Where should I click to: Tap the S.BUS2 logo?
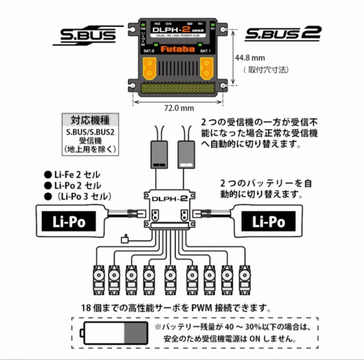tap(282, 34)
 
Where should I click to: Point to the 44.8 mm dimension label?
tap(250, 58)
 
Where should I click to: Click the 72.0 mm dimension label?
tap(179, 108)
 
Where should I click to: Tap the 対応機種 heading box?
tap(90, 120)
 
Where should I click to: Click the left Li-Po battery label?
tap(69, 222)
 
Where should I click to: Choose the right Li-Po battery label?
tap(268, 222)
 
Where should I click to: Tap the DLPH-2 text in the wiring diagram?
tap(170, 198)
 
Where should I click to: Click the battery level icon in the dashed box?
tap(115, 333)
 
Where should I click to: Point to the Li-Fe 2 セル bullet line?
tap(72, 175)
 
